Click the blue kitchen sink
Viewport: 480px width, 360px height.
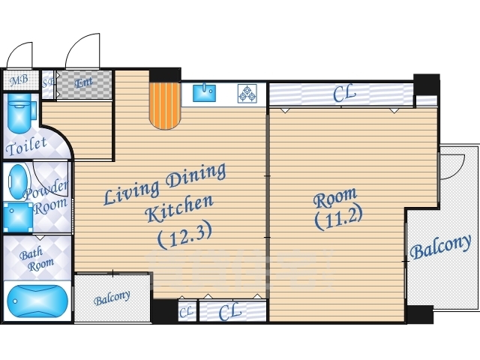pos(204,93)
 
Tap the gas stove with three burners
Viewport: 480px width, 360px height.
pos(247,93)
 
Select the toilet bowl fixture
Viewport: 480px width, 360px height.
pos(20,112)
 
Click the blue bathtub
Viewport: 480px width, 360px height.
pos(37,301)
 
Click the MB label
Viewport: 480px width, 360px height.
pos(19,80)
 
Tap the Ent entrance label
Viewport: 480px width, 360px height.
pos(83,82)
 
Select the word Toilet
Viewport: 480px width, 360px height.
pos(26,146)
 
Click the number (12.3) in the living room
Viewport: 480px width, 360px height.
pos(184,235)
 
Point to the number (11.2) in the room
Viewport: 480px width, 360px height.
pos(338,217)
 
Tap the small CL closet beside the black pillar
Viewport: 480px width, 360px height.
pos(187,312)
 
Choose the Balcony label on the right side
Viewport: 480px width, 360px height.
pos(440,247)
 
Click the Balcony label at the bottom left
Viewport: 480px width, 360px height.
pos(112,298)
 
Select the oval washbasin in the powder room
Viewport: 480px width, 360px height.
pos(16,182)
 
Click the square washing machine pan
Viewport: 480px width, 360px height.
pos(18,217)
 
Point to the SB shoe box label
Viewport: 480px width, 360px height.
pos(48,83)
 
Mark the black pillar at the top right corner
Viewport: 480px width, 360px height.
pos(427,85)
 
